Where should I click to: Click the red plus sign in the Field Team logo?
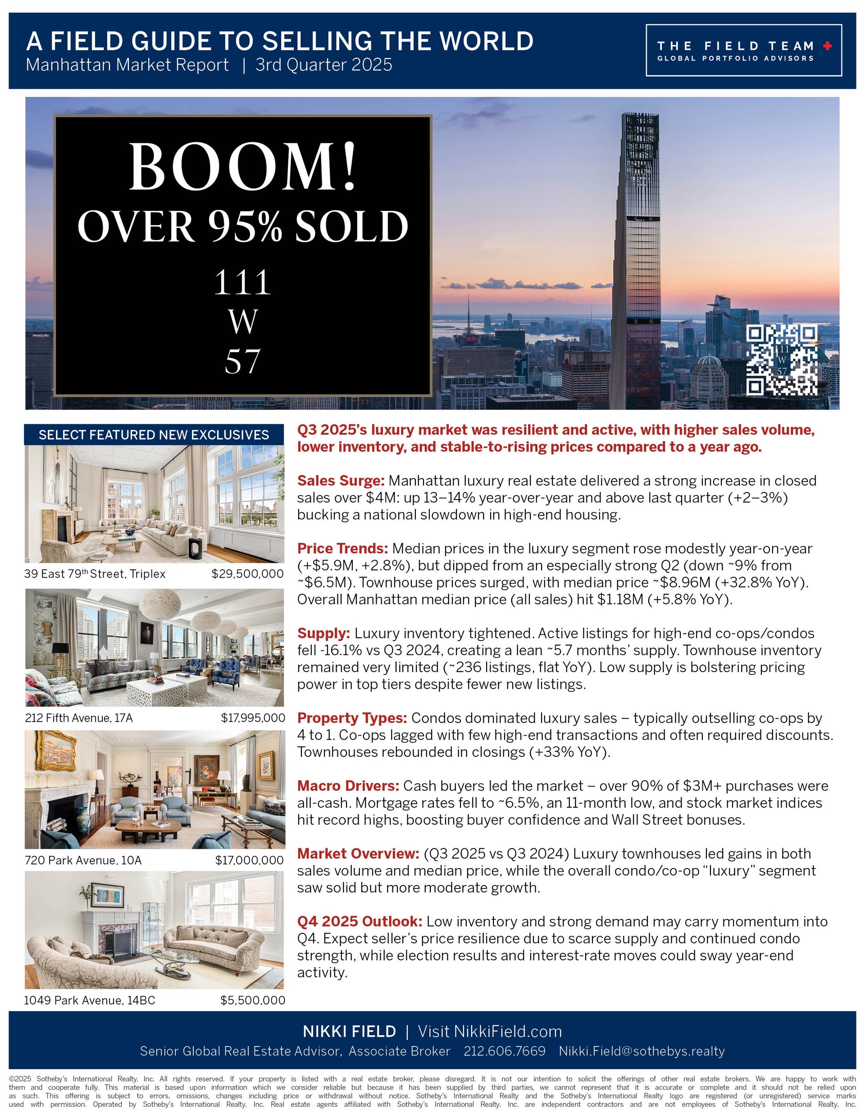[x=827, y=46]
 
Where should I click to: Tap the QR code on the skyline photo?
[x=782, y=360]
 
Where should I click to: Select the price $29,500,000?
[x=247, y=574]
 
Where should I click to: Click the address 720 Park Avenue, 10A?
[x=83, y=860]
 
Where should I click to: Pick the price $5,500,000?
[x=253, y=1000]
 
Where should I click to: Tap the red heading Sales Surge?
[x=340, y=481]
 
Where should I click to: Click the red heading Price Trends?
[x=342, y=549]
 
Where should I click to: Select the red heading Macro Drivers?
[x=348, y=786]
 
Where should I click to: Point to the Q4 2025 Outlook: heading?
[x=360, y=922]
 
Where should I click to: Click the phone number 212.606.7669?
[x=504, y=1051]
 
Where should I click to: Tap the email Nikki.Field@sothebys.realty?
[x=642, y=1051]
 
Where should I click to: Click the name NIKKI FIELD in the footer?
[x=349, y=1032]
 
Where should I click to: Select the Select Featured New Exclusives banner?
[x=154, y=435]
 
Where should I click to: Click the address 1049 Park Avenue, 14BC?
[x=90, y=1000]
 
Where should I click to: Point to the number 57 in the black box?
[x=242, y=361]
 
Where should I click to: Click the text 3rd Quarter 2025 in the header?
[x=324, y=65]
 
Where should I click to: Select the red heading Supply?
[x=323, y=633]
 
